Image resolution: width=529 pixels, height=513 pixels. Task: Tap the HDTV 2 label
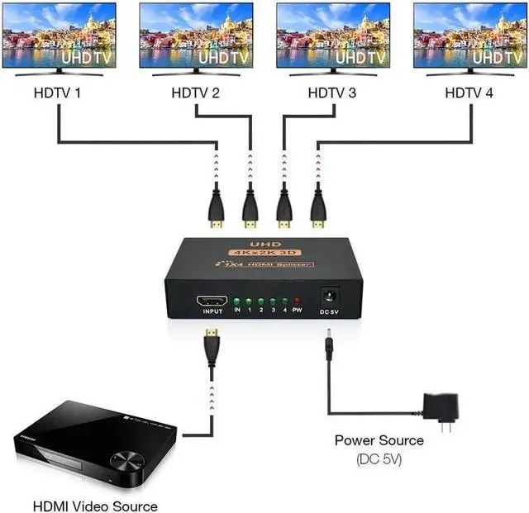pos(195,93)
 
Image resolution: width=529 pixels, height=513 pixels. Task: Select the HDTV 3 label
pos(331,93)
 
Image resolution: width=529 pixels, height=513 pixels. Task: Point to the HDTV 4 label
pos(469,93)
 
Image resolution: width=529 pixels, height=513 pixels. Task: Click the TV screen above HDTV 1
pos(59,36)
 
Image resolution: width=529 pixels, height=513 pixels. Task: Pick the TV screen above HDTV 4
pos(469,36)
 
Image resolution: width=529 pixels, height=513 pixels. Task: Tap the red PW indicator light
pos(298,302)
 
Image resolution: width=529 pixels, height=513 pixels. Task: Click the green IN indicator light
pos(237,302)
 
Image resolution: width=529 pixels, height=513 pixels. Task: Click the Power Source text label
pos(379,440)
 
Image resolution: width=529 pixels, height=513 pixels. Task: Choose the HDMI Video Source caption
pos(94,505)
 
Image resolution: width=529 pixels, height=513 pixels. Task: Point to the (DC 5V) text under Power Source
pos(379,458)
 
